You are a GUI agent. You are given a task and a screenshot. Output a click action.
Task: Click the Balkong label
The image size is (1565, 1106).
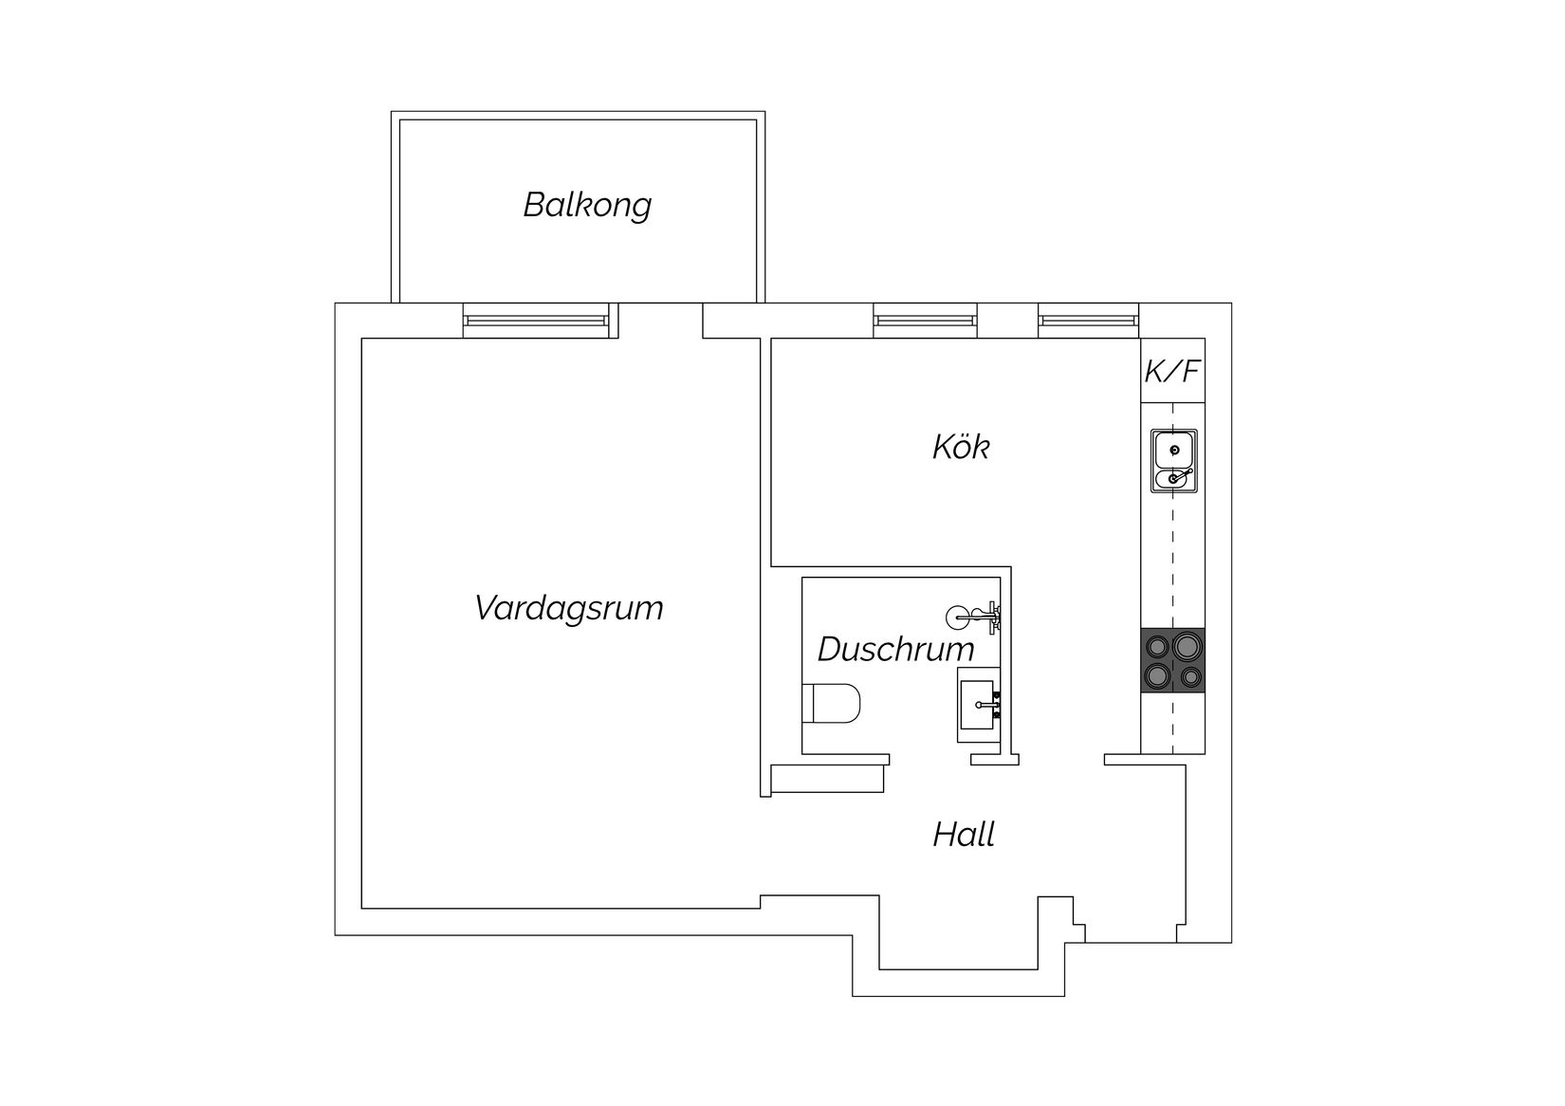587,205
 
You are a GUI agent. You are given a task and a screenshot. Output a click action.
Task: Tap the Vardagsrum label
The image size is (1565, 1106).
568,607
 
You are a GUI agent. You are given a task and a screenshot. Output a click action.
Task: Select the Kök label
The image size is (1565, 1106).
960,447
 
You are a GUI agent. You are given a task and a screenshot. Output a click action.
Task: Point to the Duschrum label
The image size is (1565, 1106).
895,650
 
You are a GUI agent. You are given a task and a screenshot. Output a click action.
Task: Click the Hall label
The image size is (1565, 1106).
964,835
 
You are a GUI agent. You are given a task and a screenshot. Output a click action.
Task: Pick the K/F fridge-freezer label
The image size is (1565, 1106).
1172,371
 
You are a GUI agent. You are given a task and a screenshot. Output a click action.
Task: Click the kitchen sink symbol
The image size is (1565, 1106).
1174,461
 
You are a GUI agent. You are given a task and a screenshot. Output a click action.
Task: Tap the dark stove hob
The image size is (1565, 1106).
1173,661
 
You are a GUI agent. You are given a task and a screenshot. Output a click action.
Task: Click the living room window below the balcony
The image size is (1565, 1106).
536,321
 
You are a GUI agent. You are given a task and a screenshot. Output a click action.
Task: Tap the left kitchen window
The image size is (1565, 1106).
925,321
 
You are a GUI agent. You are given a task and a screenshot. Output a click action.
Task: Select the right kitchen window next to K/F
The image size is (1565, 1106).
1088,321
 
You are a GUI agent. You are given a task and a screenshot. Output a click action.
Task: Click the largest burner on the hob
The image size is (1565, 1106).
1187,647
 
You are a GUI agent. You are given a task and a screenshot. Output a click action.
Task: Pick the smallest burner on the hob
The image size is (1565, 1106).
1189,677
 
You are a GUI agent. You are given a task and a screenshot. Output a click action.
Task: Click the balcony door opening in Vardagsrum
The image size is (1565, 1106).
660,321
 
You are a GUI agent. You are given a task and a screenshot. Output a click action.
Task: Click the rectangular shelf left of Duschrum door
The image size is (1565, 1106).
827,780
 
